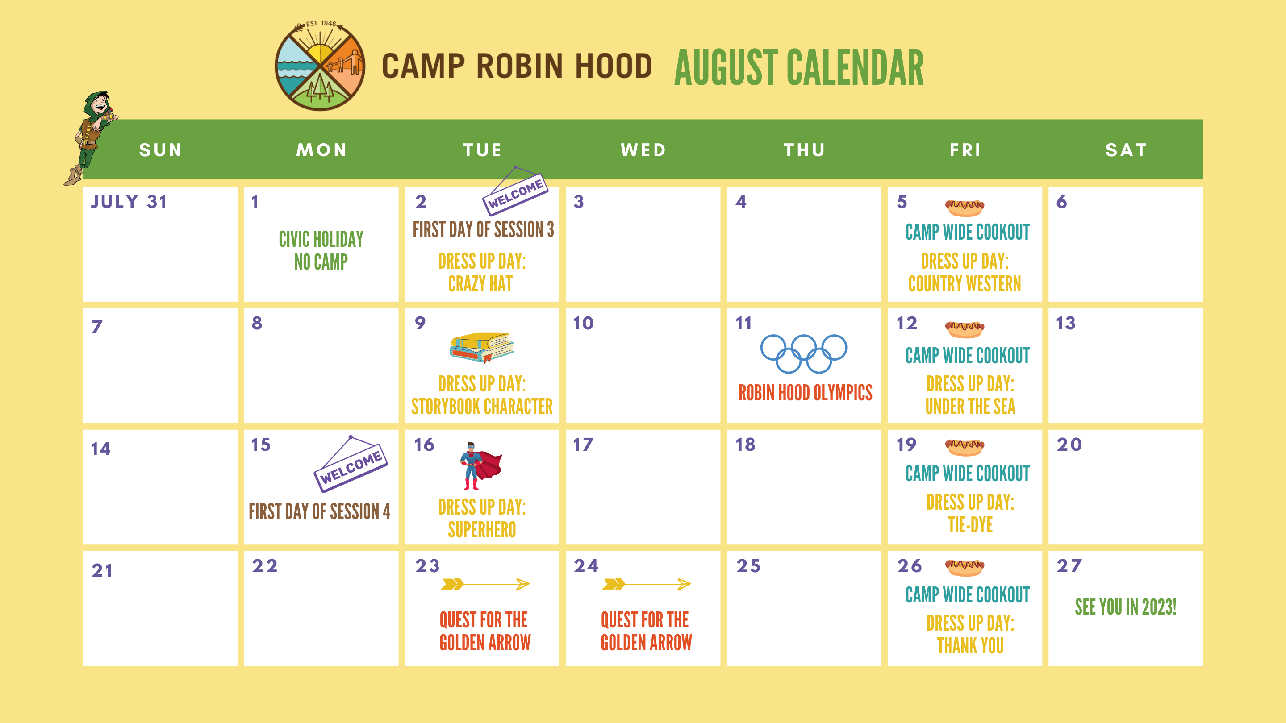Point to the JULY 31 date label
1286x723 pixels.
tap(129, 202)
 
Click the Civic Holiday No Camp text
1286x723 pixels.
tap(321, 250)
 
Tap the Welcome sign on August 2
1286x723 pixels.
tap(515, 191)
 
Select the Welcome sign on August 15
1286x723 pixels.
tap(351, 464)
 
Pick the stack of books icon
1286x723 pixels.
tap(482, 347)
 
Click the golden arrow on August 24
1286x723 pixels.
tap(646, 584)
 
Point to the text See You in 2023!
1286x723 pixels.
tap(1126, 607)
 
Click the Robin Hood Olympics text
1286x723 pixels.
tap(805, 393)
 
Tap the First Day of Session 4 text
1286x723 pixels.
tap(320, 511)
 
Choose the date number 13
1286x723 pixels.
tap(1065, 323)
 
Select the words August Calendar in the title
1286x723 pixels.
tap(799, 68)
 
